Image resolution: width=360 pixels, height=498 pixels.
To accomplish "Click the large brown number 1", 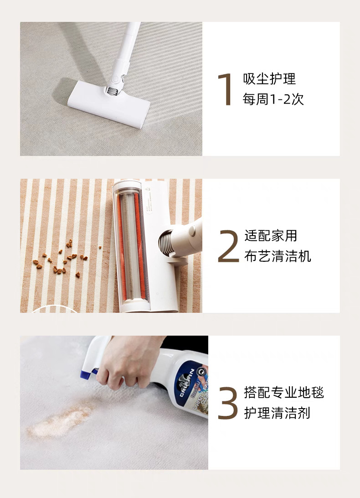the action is coord(226,89).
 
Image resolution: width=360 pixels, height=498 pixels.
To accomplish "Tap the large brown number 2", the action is coord(228,246).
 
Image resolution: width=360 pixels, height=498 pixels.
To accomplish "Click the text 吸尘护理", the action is coord(269,79).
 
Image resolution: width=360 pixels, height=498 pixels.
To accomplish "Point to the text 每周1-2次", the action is coord(273,99).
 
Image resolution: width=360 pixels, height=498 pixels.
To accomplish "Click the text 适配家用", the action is coord(271,236).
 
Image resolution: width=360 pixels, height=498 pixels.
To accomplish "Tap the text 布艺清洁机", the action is coord(278,256).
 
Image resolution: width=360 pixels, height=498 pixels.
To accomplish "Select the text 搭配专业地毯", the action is coord(284,393).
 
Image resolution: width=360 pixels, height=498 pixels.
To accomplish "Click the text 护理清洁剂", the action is coord(277,413).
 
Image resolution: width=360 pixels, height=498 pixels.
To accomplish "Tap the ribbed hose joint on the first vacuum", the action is coord(112,91).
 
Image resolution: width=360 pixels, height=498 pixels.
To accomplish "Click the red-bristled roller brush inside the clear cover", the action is coord(131,246).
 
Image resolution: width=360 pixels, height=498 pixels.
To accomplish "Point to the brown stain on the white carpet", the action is coord(62,418).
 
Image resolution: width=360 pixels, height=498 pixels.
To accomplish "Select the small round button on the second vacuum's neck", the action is coord(192,231).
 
